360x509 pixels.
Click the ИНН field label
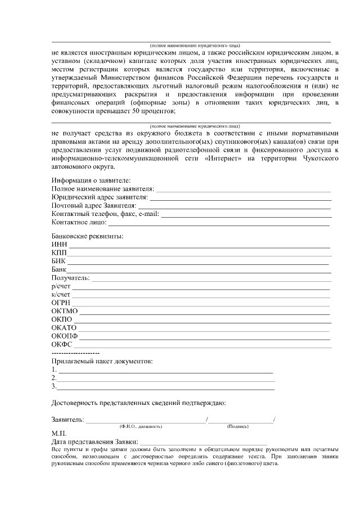59,245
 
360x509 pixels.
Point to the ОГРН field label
61,303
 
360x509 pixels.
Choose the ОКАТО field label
64,328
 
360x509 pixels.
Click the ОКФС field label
62,345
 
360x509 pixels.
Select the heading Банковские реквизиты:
87,236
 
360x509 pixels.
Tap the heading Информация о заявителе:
91,180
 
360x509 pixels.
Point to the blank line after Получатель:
211,278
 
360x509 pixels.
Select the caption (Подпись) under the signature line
238,427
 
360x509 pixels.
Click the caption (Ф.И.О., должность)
141,427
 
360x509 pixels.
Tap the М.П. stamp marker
59,434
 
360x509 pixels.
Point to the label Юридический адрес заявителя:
100,197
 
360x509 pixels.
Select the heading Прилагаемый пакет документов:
102,361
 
